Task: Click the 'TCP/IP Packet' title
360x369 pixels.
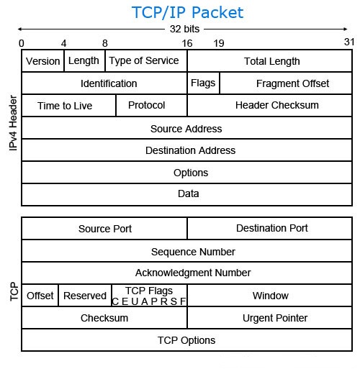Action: point(187,12)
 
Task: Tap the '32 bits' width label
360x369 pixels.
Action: point(184,29)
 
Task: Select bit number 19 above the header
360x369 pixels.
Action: point(219,43)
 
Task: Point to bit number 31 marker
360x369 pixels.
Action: point(349,42)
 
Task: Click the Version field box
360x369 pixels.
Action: point(43,61)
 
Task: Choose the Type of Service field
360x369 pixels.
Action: point(146,61)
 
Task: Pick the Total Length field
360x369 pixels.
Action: point(270,61)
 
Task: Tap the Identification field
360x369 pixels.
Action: point(104,83)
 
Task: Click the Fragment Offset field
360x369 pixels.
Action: point(286,83)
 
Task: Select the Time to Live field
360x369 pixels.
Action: point(69,106)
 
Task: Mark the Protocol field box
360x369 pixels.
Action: point(152,106)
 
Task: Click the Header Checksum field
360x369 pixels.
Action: point(270,106)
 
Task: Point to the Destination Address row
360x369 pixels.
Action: point(187,150)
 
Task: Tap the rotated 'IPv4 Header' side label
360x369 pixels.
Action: point(13,123)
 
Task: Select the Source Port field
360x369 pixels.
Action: point(104,229)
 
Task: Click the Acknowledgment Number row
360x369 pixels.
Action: point(187,273)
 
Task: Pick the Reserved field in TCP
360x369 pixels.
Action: point(85,296)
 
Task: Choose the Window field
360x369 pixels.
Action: point(270,296)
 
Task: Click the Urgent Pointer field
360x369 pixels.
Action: point(270,318)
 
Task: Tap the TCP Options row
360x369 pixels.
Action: point(187,340)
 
